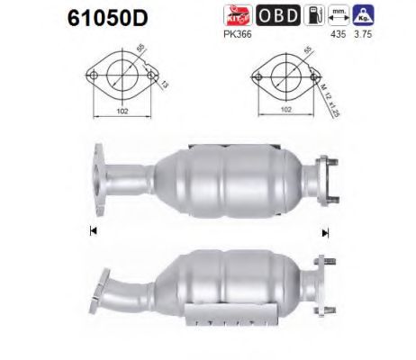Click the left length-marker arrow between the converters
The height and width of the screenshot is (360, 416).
click(93, 231)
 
